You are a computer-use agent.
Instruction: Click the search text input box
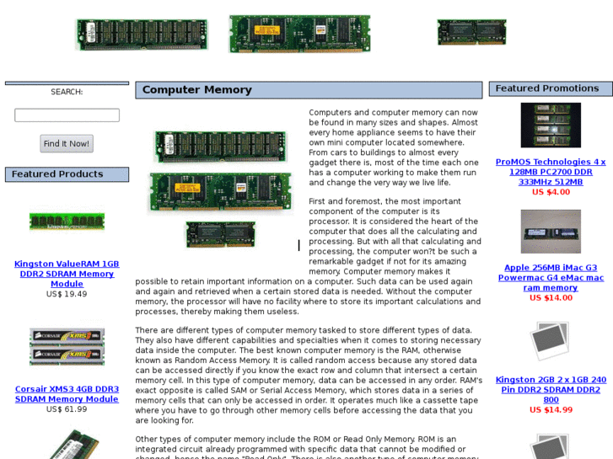tap(67, 115)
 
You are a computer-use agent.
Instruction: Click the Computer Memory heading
tap(196, 90)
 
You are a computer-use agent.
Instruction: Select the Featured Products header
tap(57, 174)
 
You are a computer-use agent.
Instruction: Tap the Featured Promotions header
tap(546, 88)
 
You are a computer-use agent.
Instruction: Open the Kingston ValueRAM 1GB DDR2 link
tap(67, 274)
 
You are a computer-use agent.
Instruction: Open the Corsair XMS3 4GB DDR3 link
tap(67, 394)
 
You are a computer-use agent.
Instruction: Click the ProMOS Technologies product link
tap(551, 172)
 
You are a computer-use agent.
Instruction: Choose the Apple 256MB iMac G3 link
tap(551, 278)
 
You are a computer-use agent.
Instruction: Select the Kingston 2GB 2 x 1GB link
tap(551, 390)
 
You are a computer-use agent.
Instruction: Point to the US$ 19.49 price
tap(67, 294)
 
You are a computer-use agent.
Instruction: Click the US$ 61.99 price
tap(67, 409)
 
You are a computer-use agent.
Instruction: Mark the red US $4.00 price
tap(551, 192)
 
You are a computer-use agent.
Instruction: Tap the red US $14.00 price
tap(551, 298)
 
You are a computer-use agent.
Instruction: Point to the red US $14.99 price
tap(551, 410)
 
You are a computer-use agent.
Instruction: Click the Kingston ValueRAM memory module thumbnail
tap(67, 221)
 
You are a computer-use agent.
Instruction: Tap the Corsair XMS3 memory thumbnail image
tap(67, 346)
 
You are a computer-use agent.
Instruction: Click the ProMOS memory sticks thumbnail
tap(551, 125)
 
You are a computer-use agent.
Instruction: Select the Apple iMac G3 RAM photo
tap(551, 232)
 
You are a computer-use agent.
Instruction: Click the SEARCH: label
tap(67, 92)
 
